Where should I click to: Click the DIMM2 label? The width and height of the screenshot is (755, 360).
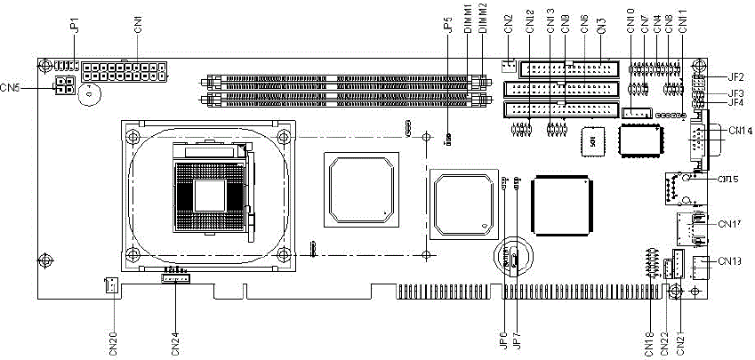pos(482,20)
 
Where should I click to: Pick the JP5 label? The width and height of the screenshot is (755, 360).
pos(448,27)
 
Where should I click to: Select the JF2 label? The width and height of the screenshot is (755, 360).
pos(735,78)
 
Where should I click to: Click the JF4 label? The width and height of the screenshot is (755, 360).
pos(735,103)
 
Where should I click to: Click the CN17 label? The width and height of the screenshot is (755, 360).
pos(729,223)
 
